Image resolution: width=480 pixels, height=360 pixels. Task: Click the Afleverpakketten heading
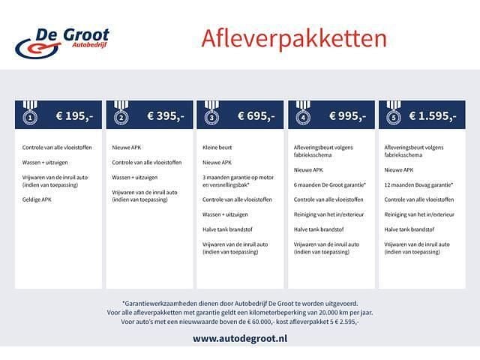[294, 38]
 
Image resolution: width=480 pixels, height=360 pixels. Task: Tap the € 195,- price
[73, 116]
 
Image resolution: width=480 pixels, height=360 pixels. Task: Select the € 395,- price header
[165, 116]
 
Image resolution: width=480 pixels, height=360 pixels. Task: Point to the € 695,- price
[256, 116]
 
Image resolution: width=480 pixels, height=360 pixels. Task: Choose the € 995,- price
[346, 116]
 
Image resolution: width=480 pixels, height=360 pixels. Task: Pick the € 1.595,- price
[433, 116]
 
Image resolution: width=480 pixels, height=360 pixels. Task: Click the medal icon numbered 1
[30, 115]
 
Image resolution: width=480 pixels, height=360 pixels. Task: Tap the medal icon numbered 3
[212, 115]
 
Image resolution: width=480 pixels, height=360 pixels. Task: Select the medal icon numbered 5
[394, 115]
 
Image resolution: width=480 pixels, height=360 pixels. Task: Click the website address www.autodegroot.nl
[240, 338]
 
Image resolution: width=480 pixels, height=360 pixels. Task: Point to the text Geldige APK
[37, 199]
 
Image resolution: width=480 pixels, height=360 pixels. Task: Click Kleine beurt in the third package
[216, 148]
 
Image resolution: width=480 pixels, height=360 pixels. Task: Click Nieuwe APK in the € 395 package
[126, 148]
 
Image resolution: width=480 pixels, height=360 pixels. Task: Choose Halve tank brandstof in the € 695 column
[223, 229]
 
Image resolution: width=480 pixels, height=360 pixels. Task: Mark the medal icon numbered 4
[303, 115]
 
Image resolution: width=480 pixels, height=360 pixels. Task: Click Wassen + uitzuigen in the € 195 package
[44, 162]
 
